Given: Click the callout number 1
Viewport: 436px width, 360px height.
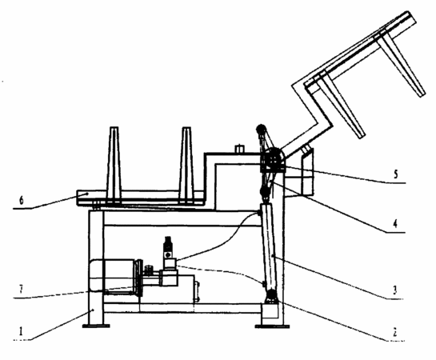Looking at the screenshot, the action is [21, 331].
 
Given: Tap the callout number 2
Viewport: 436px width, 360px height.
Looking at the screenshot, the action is [395, 333].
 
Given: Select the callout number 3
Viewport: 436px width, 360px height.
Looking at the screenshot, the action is [395, 290].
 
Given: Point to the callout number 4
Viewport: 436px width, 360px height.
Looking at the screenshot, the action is [395, 223].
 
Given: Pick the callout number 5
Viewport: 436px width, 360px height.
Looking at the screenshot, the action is [396, 174].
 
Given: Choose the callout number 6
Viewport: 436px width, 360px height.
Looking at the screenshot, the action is [22, 201].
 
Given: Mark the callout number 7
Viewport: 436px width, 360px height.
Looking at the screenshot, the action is [21, 290].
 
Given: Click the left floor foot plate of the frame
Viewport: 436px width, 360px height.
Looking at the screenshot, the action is [96, 326].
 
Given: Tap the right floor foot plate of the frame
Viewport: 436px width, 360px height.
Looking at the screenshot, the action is [272, 326].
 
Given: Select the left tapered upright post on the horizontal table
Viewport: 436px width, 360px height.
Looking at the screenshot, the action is [114, 165].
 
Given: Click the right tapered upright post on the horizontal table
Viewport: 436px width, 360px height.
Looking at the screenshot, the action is [186, 165].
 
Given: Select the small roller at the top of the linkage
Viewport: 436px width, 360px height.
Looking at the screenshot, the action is [261, 129].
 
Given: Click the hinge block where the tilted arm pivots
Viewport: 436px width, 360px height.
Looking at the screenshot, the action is [273, 160].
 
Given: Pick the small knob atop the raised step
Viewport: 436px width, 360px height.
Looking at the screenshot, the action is [239, 149].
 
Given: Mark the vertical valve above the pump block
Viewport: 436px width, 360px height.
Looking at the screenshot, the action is [168, 247].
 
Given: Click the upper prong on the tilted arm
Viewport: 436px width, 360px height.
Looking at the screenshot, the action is [402, 66].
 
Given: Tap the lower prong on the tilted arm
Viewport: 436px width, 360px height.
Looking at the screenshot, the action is [341, 106].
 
